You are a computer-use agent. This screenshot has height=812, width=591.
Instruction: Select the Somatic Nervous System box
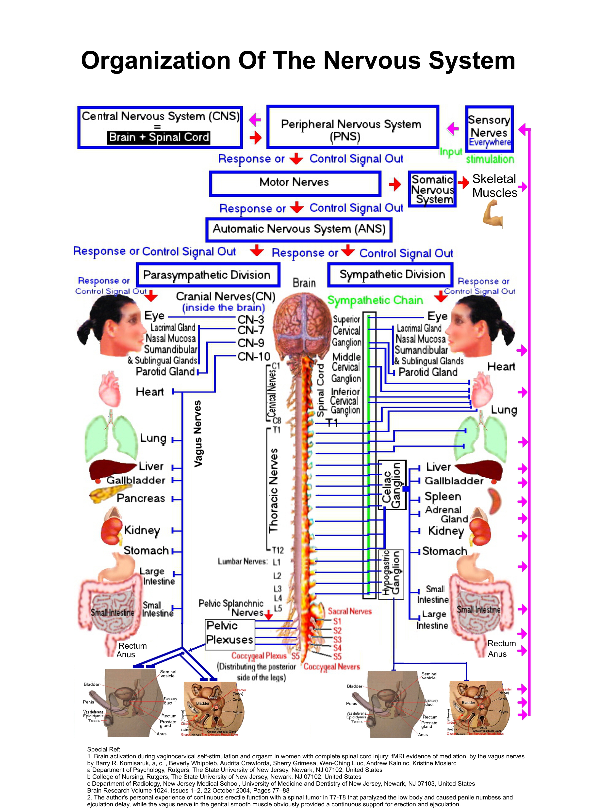(432, 189)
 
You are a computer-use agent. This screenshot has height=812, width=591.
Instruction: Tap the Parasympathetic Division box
(208, 275)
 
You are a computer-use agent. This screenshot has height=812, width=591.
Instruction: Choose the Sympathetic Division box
(390, 274)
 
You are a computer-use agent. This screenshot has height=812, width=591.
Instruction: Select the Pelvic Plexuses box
(230, 634)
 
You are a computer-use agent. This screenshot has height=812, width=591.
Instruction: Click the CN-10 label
(254, 356)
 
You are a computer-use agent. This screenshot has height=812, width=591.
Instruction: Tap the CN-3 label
(251, 319)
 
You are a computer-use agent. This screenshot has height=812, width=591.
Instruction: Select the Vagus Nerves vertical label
(197, 434)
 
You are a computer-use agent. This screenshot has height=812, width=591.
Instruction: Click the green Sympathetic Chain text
(375, 300)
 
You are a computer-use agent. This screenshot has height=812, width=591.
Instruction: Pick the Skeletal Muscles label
(494, 186)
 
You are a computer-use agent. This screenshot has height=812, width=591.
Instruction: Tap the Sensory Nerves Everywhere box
(489, 129)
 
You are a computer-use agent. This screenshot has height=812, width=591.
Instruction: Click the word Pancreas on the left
(141, 498)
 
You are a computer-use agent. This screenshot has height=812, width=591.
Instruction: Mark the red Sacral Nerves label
(350, 611)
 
